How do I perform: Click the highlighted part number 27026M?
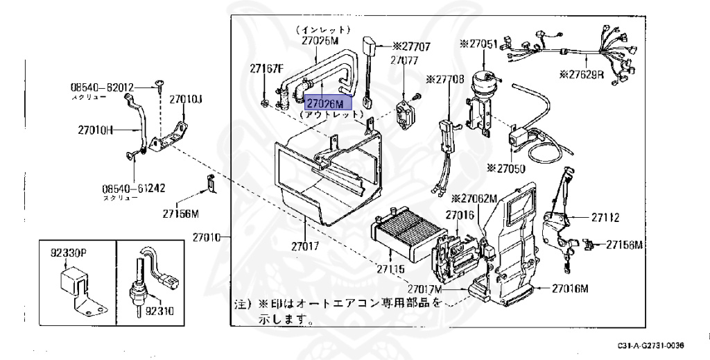pyautogui.click(x=330, y=103)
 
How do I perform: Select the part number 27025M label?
pyautogui.click(x=320, y=41)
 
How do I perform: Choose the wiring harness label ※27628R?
pyautogui.click(x=582, y=74)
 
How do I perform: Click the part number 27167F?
pyautogui.click(x=267, y=69)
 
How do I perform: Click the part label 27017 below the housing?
pyautogui.click(x=304, y=246)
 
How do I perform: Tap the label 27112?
pyautogui.click(x=605, y=218)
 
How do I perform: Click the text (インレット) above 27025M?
pyautogui.click(x=323, y=30)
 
